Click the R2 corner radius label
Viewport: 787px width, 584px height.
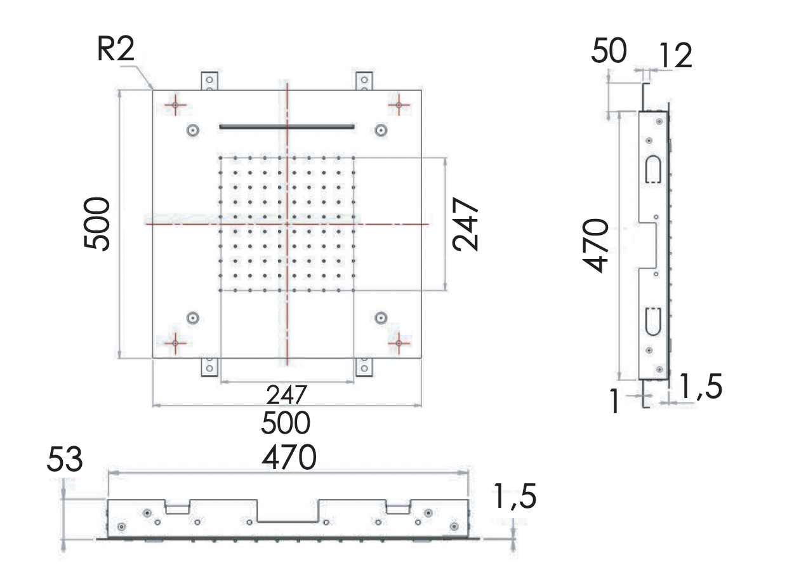[x=116, y=50]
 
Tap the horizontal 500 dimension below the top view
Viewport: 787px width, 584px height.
[x=288, y=423]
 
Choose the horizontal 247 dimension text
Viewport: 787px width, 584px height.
[x=287, y=395]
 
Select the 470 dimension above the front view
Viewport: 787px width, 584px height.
[x=289, y=458]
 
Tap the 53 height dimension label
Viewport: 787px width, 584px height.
[x=65, y=460]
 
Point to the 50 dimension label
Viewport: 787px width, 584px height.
[x=609, y=51]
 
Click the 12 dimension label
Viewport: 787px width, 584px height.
[x=674, y=56]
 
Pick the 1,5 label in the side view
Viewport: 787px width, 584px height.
[x=701, y=387]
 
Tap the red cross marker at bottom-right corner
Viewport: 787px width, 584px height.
[x=399, y=343]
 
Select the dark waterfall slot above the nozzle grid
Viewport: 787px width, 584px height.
[x=287, y=127]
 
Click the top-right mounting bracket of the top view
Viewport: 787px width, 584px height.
[x=364, y=81]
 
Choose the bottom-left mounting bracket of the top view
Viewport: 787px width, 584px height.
[x=209, y=367]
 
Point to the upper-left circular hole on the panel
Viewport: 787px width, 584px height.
[x=192, y=130]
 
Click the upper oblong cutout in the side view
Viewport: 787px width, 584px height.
[x=653, y=169]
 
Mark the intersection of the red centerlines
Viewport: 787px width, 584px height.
[x=287, y=224]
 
